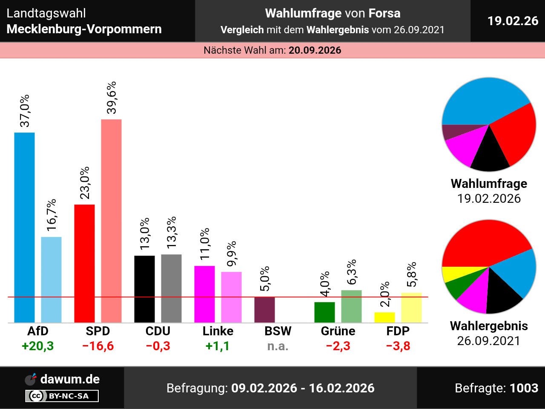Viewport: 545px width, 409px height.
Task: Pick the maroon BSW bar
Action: (x=264, y=310)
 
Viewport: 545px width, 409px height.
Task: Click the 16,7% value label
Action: (x=52, y=215)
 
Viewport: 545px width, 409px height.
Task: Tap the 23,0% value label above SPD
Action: (x=85, y=183)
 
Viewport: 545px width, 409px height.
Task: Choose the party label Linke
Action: (x=218, y=331)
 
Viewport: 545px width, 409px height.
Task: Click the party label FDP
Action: (x=398, y=331)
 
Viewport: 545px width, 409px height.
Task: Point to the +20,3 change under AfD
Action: (x=38, y=346)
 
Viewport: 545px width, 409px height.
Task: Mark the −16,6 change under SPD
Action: (x=98, y=346)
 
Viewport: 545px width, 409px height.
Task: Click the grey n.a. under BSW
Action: (x=278, y=346)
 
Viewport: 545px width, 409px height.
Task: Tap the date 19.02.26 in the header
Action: (x=513, y=21)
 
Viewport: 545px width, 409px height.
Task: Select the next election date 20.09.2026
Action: (x=315, y=50)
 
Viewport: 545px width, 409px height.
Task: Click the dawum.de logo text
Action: (x=70, y=379)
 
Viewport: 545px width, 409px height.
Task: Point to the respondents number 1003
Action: (x=524, y=388)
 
